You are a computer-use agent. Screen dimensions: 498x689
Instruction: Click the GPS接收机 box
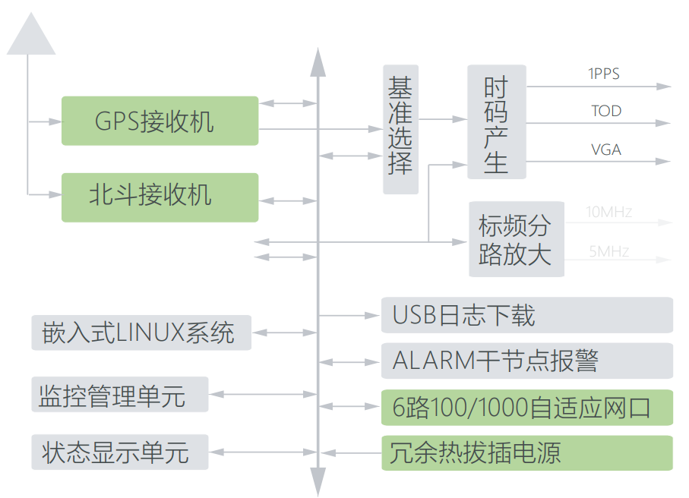pos(160,121)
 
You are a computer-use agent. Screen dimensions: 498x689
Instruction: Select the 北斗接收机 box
pos(160,197)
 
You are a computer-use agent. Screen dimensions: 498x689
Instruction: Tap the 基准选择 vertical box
pos(400,129)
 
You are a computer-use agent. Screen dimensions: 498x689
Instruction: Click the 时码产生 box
pos(496,122)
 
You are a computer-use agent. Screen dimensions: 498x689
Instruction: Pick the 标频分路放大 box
pos(516,239)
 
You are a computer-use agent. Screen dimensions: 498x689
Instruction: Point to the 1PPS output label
pos(604,74)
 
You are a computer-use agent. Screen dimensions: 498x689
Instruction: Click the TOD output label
pos(606,111)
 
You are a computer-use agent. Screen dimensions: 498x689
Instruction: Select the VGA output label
pos(606,150)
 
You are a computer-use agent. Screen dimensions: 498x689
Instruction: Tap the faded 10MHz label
pos(609,212)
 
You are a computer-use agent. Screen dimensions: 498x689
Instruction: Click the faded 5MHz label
pos(608,251)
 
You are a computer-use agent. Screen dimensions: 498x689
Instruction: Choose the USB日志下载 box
pos(526,315)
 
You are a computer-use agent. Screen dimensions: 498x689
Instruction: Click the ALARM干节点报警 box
pos(526,361)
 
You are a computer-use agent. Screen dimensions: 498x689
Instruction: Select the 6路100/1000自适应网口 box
pos(526,408)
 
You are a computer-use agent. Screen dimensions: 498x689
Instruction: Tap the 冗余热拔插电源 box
pos(526,453)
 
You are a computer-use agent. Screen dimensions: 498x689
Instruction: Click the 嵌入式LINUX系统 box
pos(141,333)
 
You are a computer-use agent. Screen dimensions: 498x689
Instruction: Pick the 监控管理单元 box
pos(120,395)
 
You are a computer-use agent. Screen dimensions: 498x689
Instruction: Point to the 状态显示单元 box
pos(120,452)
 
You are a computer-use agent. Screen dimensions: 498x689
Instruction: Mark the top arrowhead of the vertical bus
pos(318,61)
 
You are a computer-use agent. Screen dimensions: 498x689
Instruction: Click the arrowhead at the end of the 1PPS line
pos(665,87)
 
